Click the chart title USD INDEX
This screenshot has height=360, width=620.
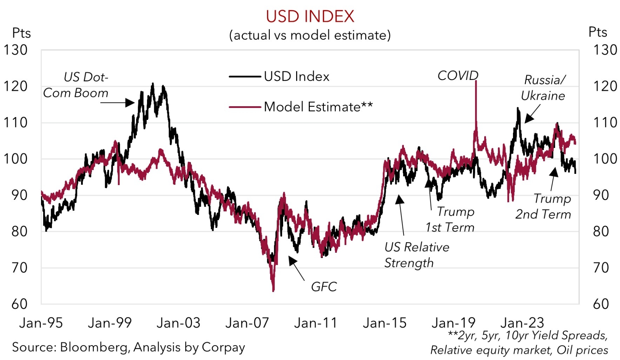[x=310, y=17]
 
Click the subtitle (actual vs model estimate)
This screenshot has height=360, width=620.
[x=310, y=35]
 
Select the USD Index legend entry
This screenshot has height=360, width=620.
[x=296, y=76]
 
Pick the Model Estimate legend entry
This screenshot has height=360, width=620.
[x=318, y=107]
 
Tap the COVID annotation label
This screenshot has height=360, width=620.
[x=458, y=76]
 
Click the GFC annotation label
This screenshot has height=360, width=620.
[x=324, y=287]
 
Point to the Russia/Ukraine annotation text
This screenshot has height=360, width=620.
[x=543, y=88]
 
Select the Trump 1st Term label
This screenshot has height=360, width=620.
[x=450, y=220]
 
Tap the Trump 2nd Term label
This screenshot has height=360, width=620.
[x=543, y=206]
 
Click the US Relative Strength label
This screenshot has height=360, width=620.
[x=416, y=255]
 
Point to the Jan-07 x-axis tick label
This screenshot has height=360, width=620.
[x=247, y=323]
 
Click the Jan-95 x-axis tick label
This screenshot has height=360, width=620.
[x=41, y=323]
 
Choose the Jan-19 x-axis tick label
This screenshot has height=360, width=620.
[x=454, y=323]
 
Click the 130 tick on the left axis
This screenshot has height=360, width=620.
[x=15, y=50]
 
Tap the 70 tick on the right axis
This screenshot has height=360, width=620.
[x=601, y=268]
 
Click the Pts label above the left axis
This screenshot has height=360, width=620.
[x=21, y=33]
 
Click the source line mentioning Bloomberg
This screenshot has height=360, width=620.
[x=128, y=347]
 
